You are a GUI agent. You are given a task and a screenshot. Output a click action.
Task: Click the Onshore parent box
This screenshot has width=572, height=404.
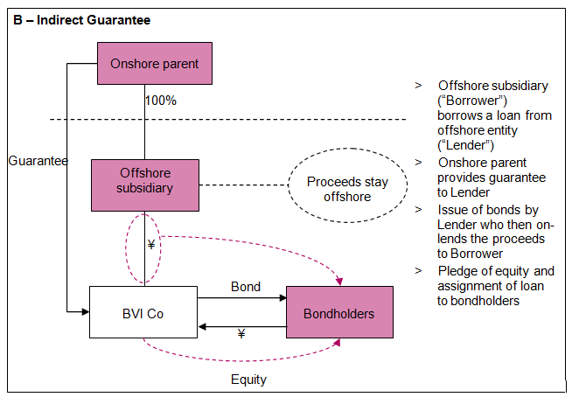point(155,64)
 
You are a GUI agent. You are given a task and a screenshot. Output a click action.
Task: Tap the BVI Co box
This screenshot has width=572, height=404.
point(143,312)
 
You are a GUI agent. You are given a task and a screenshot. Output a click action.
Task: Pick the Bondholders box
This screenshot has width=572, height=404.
point(339,312)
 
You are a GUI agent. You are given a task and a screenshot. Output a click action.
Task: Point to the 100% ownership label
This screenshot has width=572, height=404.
point(161,101)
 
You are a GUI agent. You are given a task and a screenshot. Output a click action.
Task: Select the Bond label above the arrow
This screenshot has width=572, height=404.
point(245,287)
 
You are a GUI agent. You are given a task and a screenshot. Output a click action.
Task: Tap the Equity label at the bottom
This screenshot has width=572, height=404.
point(248,380)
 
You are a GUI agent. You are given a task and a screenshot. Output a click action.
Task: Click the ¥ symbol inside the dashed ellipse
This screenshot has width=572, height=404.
point(150,245)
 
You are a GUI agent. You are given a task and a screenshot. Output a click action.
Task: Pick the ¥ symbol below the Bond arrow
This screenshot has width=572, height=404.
point(241,333)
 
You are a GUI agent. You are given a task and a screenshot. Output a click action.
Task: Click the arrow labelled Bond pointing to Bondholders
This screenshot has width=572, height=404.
point(241,298)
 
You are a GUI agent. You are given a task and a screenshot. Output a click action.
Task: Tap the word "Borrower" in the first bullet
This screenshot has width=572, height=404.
point(469,101)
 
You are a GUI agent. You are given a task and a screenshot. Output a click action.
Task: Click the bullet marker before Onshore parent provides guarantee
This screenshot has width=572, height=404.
point(418,163)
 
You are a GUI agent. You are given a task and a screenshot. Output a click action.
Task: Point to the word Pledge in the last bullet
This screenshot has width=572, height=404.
point(457,271)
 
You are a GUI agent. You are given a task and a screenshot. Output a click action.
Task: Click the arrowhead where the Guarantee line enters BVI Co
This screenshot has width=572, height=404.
point(84,310)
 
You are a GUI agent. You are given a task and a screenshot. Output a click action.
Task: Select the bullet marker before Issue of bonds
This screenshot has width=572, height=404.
point(418,210)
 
